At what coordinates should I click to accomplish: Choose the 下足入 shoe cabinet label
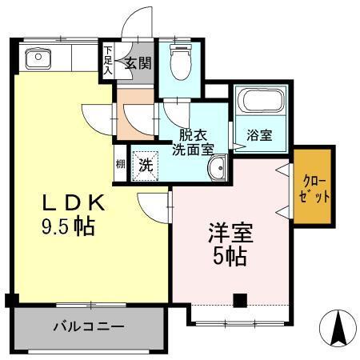pyautogui.click(x=108, y=61)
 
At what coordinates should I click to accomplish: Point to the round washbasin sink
pyautogui.click(x=216, y=168)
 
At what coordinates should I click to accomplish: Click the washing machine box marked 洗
pyautogui.click(x=146, y=166)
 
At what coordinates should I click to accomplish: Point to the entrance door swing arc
pyautogui.click(x=138, y=20)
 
